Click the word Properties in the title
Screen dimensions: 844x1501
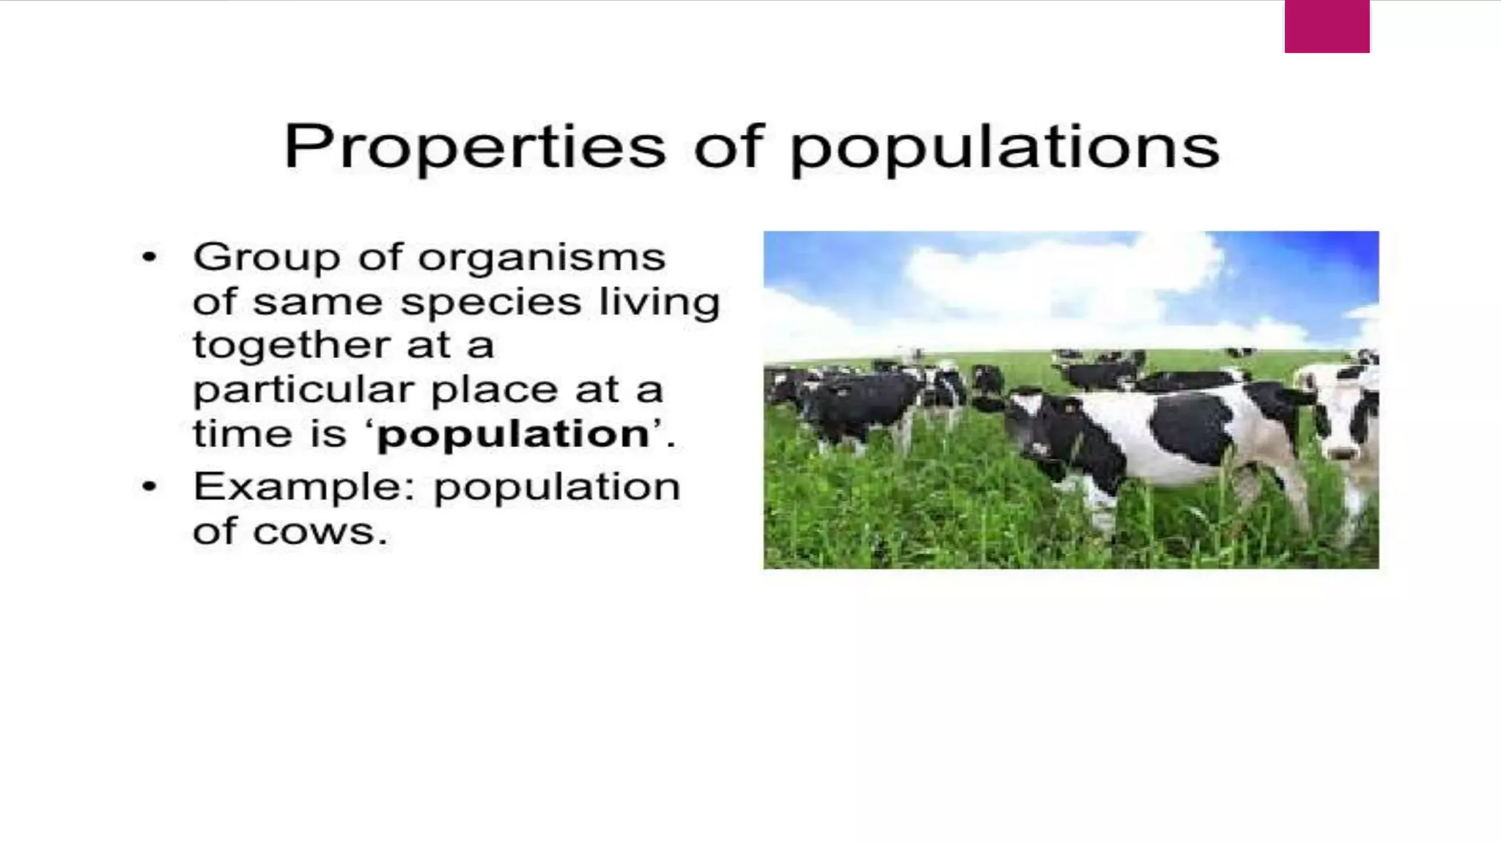click(x=475, y=147)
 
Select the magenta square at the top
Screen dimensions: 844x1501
click(x=1327, y=26)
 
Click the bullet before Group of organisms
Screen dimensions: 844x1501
click(x=150, y=257)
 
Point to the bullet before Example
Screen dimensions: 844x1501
click(x=150, y=486)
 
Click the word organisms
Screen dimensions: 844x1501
click(x=542, y=258)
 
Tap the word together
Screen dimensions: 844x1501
click(x=291, y=346)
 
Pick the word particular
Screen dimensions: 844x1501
click(x=303, y=390)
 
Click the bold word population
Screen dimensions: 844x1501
click(x=513, y=434)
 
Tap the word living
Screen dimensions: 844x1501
click(x=660, y=302)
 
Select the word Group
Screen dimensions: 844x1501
click(x=266, y=257)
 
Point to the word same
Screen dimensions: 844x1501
click(x=317, y=302)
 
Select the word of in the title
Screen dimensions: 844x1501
click(x=729, y=147)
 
